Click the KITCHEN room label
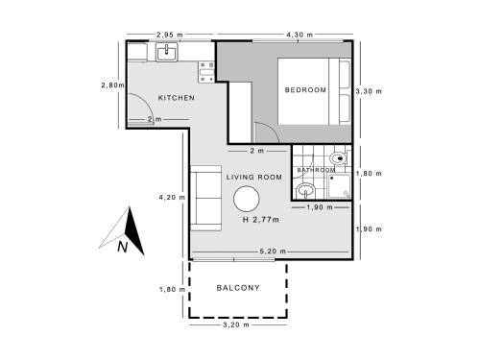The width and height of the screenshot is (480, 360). pos(177,98)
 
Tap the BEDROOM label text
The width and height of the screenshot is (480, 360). pos(305,90)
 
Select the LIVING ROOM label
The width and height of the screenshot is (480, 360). pos(254,177)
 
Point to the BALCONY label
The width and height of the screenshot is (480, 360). pos(238,288)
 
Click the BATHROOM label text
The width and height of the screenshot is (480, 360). pos(316,170)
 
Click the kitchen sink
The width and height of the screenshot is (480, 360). pos(167,52)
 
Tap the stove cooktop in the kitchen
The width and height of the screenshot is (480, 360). pos(206,72)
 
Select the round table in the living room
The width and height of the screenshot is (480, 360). pos(246,199)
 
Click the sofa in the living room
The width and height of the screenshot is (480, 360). pos(205,198)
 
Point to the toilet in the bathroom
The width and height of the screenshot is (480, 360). pos(339,158)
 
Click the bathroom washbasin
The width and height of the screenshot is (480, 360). pos(305,191)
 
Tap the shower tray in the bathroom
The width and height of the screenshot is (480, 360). pos(339,186)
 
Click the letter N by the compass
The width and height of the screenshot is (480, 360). pos(123,247)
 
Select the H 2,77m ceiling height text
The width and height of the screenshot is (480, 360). pos(261,220)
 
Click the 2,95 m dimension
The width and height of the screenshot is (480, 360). pos(170,35)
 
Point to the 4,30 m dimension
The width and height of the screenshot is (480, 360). pos(300,35)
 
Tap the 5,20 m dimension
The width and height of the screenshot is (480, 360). pos(273,252)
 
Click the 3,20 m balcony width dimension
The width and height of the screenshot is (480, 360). pos(236,324)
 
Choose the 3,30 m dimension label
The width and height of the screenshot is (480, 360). pos(369,91)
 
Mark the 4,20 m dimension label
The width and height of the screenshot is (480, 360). pos(172,198)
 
